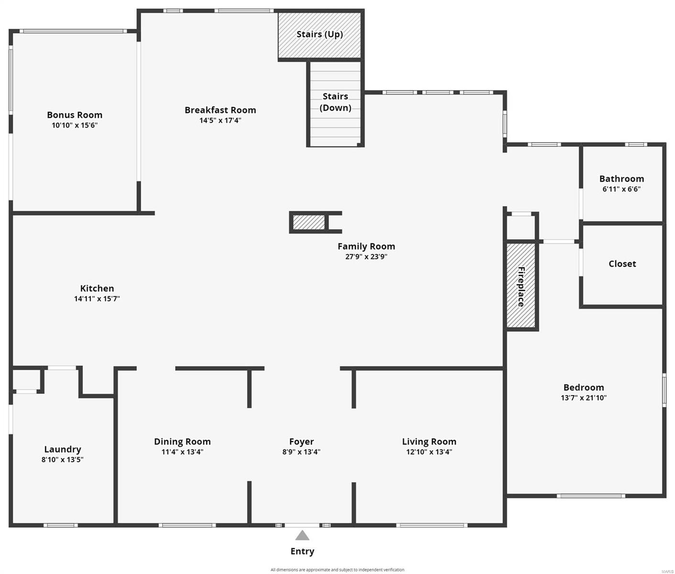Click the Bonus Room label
[75, 115]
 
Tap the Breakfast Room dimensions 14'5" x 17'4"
[220, 121]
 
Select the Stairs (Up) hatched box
[320, 35]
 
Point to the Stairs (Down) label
[335, 102]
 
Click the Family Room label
[366, 246]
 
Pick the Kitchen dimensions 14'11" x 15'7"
[97, 299]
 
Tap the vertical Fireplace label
[521, 287]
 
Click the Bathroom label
[621, 178]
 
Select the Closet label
[622, 264]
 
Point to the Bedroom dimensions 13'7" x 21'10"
[584, 397]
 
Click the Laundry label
[62, 450]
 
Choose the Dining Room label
[182, 442]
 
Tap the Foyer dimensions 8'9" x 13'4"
[301, 452]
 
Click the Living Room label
[429, 442]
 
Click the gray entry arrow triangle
[302, 535]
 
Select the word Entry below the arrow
[302, 552]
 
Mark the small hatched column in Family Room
[309, 222]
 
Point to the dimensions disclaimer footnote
[337, 570]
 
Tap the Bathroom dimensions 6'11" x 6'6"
[621, 189]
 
